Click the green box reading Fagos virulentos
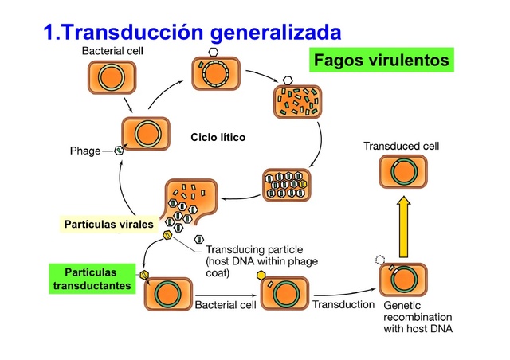click(x=381, y=61)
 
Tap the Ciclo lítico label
click(x=218, y=138)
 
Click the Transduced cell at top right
click(x=402, y=171)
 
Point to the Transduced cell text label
click(x=401, y=147)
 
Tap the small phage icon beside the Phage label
click(x=119, y=150)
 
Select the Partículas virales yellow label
click(x=108, y=225)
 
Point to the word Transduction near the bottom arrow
click(x=343, y=304)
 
